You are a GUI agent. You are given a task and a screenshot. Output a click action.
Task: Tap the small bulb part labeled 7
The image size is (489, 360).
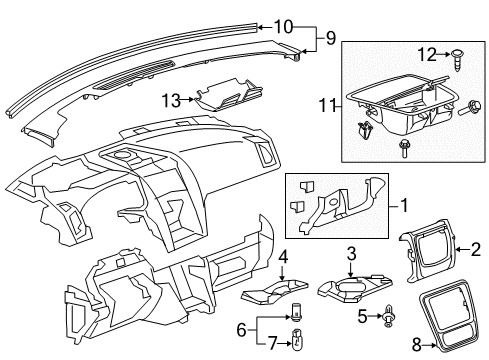point(297,342)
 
